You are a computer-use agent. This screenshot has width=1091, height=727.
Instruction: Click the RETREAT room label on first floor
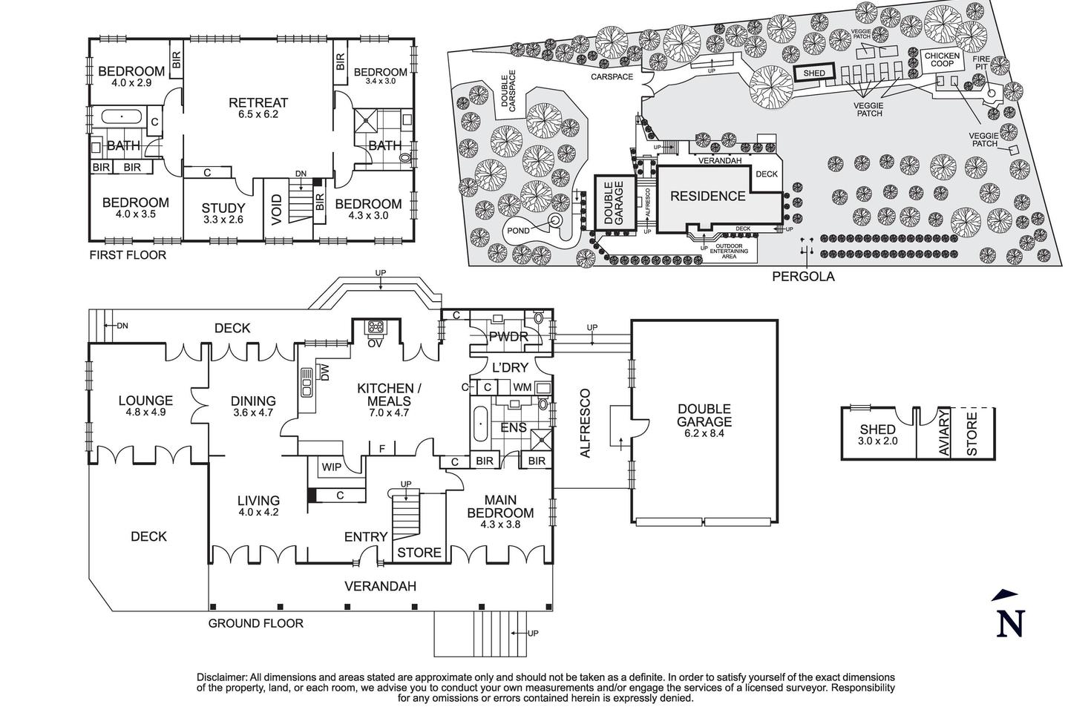coord(258,103)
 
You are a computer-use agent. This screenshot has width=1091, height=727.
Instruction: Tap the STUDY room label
coord(223,208)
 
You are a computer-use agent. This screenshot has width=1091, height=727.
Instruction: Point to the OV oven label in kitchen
coord(375,342)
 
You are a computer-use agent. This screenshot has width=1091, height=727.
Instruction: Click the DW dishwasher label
coord(325,372)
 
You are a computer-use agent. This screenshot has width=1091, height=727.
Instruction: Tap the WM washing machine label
coord(522,387)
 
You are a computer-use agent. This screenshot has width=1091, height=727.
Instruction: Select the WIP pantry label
coord(330,467)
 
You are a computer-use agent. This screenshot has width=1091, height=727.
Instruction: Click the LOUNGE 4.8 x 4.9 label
coord(145,401)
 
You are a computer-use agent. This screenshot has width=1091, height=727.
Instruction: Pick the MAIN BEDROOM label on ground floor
coord(500,507)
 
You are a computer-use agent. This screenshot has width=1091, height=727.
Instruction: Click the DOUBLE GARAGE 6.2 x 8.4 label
coord(704,415)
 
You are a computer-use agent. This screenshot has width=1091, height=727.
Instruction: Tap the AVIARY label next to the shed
coord(944,435)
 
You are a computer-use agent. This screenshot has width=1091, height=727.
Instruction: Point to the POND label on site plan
coord(519,231)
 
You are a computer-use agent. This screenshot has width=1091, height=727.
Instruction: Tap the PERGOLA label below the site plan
coord(803,277)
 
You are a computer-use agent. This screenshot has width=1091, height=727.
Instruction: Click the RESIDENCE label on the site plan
coord(707,196)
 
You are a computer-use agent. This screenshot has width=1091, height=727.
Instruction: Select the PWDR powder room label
coord(508,337)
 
